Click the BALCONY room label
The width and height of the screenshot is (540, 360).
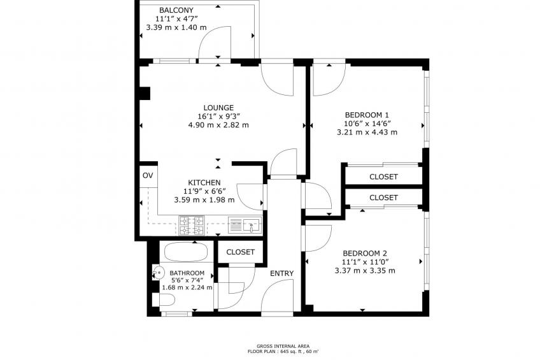pos(176,10)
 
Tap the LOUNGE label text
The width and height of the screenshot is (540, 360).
pos(218,108)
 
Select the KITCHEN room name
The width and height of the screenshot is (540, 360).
pos(204,183)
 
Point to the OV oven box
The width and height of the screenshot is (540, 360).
pos(148,176)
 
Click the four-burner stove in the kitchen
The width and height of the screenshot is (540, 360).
pos(192,226)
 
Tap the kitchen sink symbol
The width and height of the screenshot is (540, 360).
pos(245,226)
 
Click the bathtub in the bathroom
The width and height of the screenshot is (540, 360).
pos(186,252)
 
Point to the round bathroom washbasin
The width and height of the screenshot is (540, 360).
pos(159,273)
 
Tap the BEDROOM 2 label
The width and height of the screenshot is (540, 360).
pos(365,253)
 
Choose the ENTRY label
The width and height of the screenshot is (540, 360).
pos(281,273)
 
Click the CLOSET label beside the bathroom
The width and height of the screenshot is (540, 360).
pos(240,252)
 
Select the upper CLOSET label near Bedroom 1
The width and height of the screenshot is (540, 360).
pos(383,176)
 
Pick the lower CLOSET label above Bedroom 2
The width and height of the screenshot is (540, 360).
pos(383,198)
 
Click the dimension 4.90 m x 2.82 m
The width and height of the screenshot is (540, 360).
pos(218,125)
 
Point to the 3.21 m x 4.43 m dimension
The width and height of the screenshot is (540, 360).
pos(367,133)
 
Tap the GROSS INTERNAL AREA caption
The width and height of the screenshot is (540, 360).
pos(283,346)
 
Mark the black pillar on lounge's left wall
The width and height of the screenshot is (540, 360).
pos(145,93)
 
